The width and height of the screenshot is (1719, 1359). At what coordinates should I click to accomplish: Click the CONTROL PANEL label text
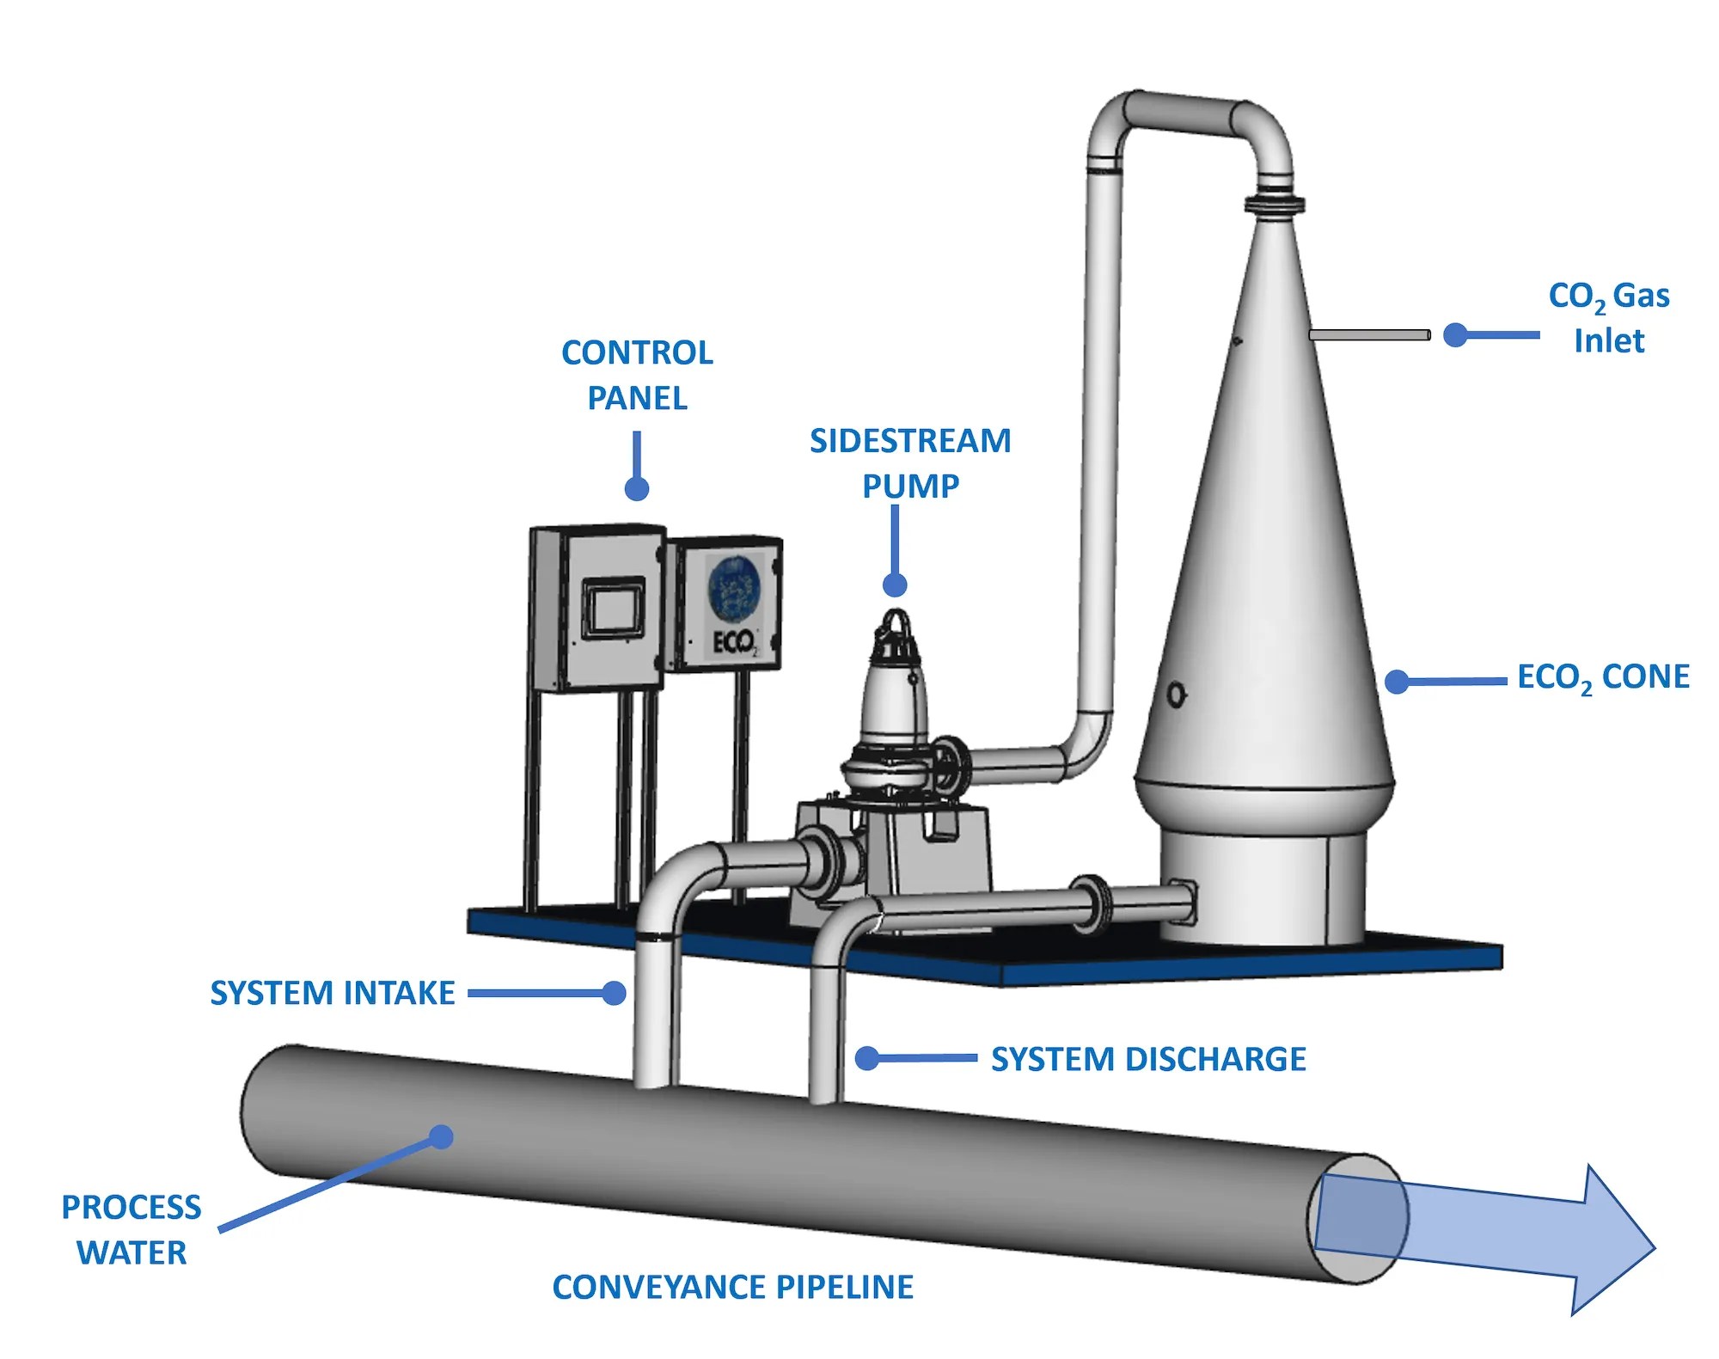[637, 375]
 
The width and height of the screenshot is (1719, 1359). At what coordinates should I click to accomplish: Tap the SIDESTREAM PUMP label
[910, 462]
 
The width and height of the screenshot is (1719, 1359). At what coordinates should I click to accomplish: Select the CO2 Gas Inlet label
[1608, 317]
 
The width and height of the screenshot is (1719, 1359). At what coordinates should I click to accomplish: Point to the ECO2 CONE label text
[1603, 677]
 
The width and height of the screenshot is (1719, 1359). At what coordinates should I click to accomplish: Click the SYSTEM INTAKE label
[333, 993]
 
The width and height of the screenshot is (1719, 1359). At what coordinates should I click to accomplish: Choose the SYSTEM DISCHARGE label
[1148, 1059]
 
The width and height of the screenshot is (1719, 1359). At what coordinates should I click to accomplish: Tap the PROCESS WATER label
[132, 1229]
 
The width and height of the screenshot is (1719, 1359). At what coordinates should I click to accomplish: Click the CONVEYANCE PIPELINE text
[733, 1287]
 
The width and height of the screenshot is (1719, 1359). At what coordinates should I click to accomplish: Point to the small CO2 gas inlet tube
[1369, 335]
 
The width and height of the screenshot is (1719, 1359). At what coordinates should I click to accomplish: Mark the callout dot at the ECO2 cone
[1398, 682]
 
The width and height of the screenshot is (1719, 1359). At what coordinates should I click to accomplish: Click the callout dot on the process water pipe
[441, 1137]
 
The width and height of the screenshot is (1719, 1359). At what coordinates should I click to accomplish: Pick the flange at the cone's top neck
[1275, 204]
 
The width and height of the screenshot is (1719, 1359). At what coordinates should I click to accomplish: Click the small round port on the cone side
[1176, 695]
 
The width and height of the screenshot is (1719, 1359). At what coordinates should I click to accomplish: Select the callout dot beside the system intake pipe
[614, 994]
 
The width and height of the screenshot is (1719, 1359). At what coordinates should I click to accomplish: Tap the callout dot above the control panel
[636, 488]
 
